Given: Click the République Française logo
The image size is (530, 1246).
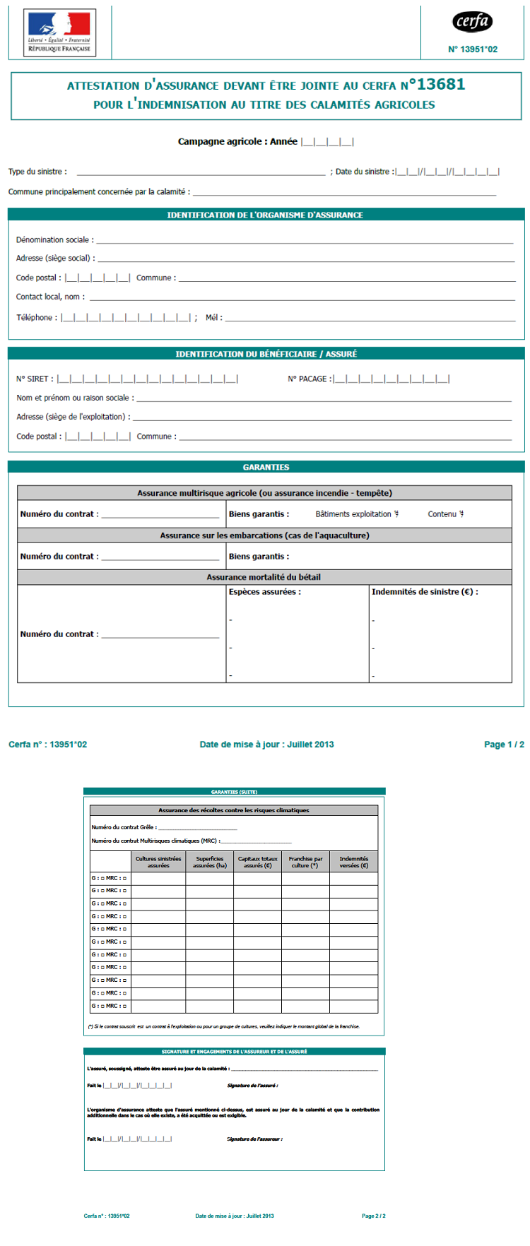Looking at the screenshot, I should [59, 32].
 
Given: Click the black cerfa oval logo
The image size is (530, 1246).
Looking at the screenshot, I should [472, 22].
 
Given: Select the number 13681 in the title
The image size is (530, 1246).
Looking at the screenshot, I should [441, 85].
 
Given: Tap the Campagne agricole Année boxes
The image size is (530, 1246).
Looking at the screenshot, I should [327, 142].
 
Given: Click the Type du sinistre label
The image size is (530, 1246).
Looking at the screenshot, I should [37, 172].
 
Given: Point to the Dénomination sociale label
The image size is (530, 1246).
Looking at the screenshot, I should [54, 240].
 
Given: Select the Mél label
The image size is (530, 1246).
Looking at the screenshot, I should [213, 318].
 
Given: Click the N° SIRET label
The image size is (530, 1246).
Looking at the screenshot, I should [34, 379].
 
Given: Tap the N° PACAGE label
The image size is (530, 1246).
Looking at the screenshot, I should [309, 379].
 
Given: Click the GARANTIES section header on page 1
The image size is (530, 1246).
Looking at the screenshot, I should [266, 467].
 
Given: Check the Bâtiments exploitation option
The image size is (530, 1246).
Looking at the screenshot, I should [396, 514].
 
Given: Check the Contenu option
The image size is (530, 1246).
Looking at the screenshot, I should [461, 514].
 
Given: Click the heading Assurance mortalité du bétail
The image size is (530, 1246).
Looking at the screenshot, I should [264, 577].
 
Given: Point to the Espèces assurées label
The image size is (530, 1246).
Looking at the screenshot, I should [264, 592].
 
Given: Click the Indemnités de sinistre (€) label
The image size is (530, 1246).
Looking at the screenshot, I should [425, 592].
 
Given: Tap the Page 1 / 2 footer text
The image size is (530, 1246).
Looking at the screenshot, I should [504, 744].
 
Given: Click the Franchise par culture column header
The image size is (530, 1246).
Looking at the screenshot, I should [305, 862].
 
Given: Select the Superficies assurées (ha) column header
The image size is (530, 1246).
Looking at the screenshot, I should [210, 862].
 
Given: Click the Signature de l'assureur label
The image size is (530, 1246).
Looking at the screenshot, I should [254, 1139].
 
